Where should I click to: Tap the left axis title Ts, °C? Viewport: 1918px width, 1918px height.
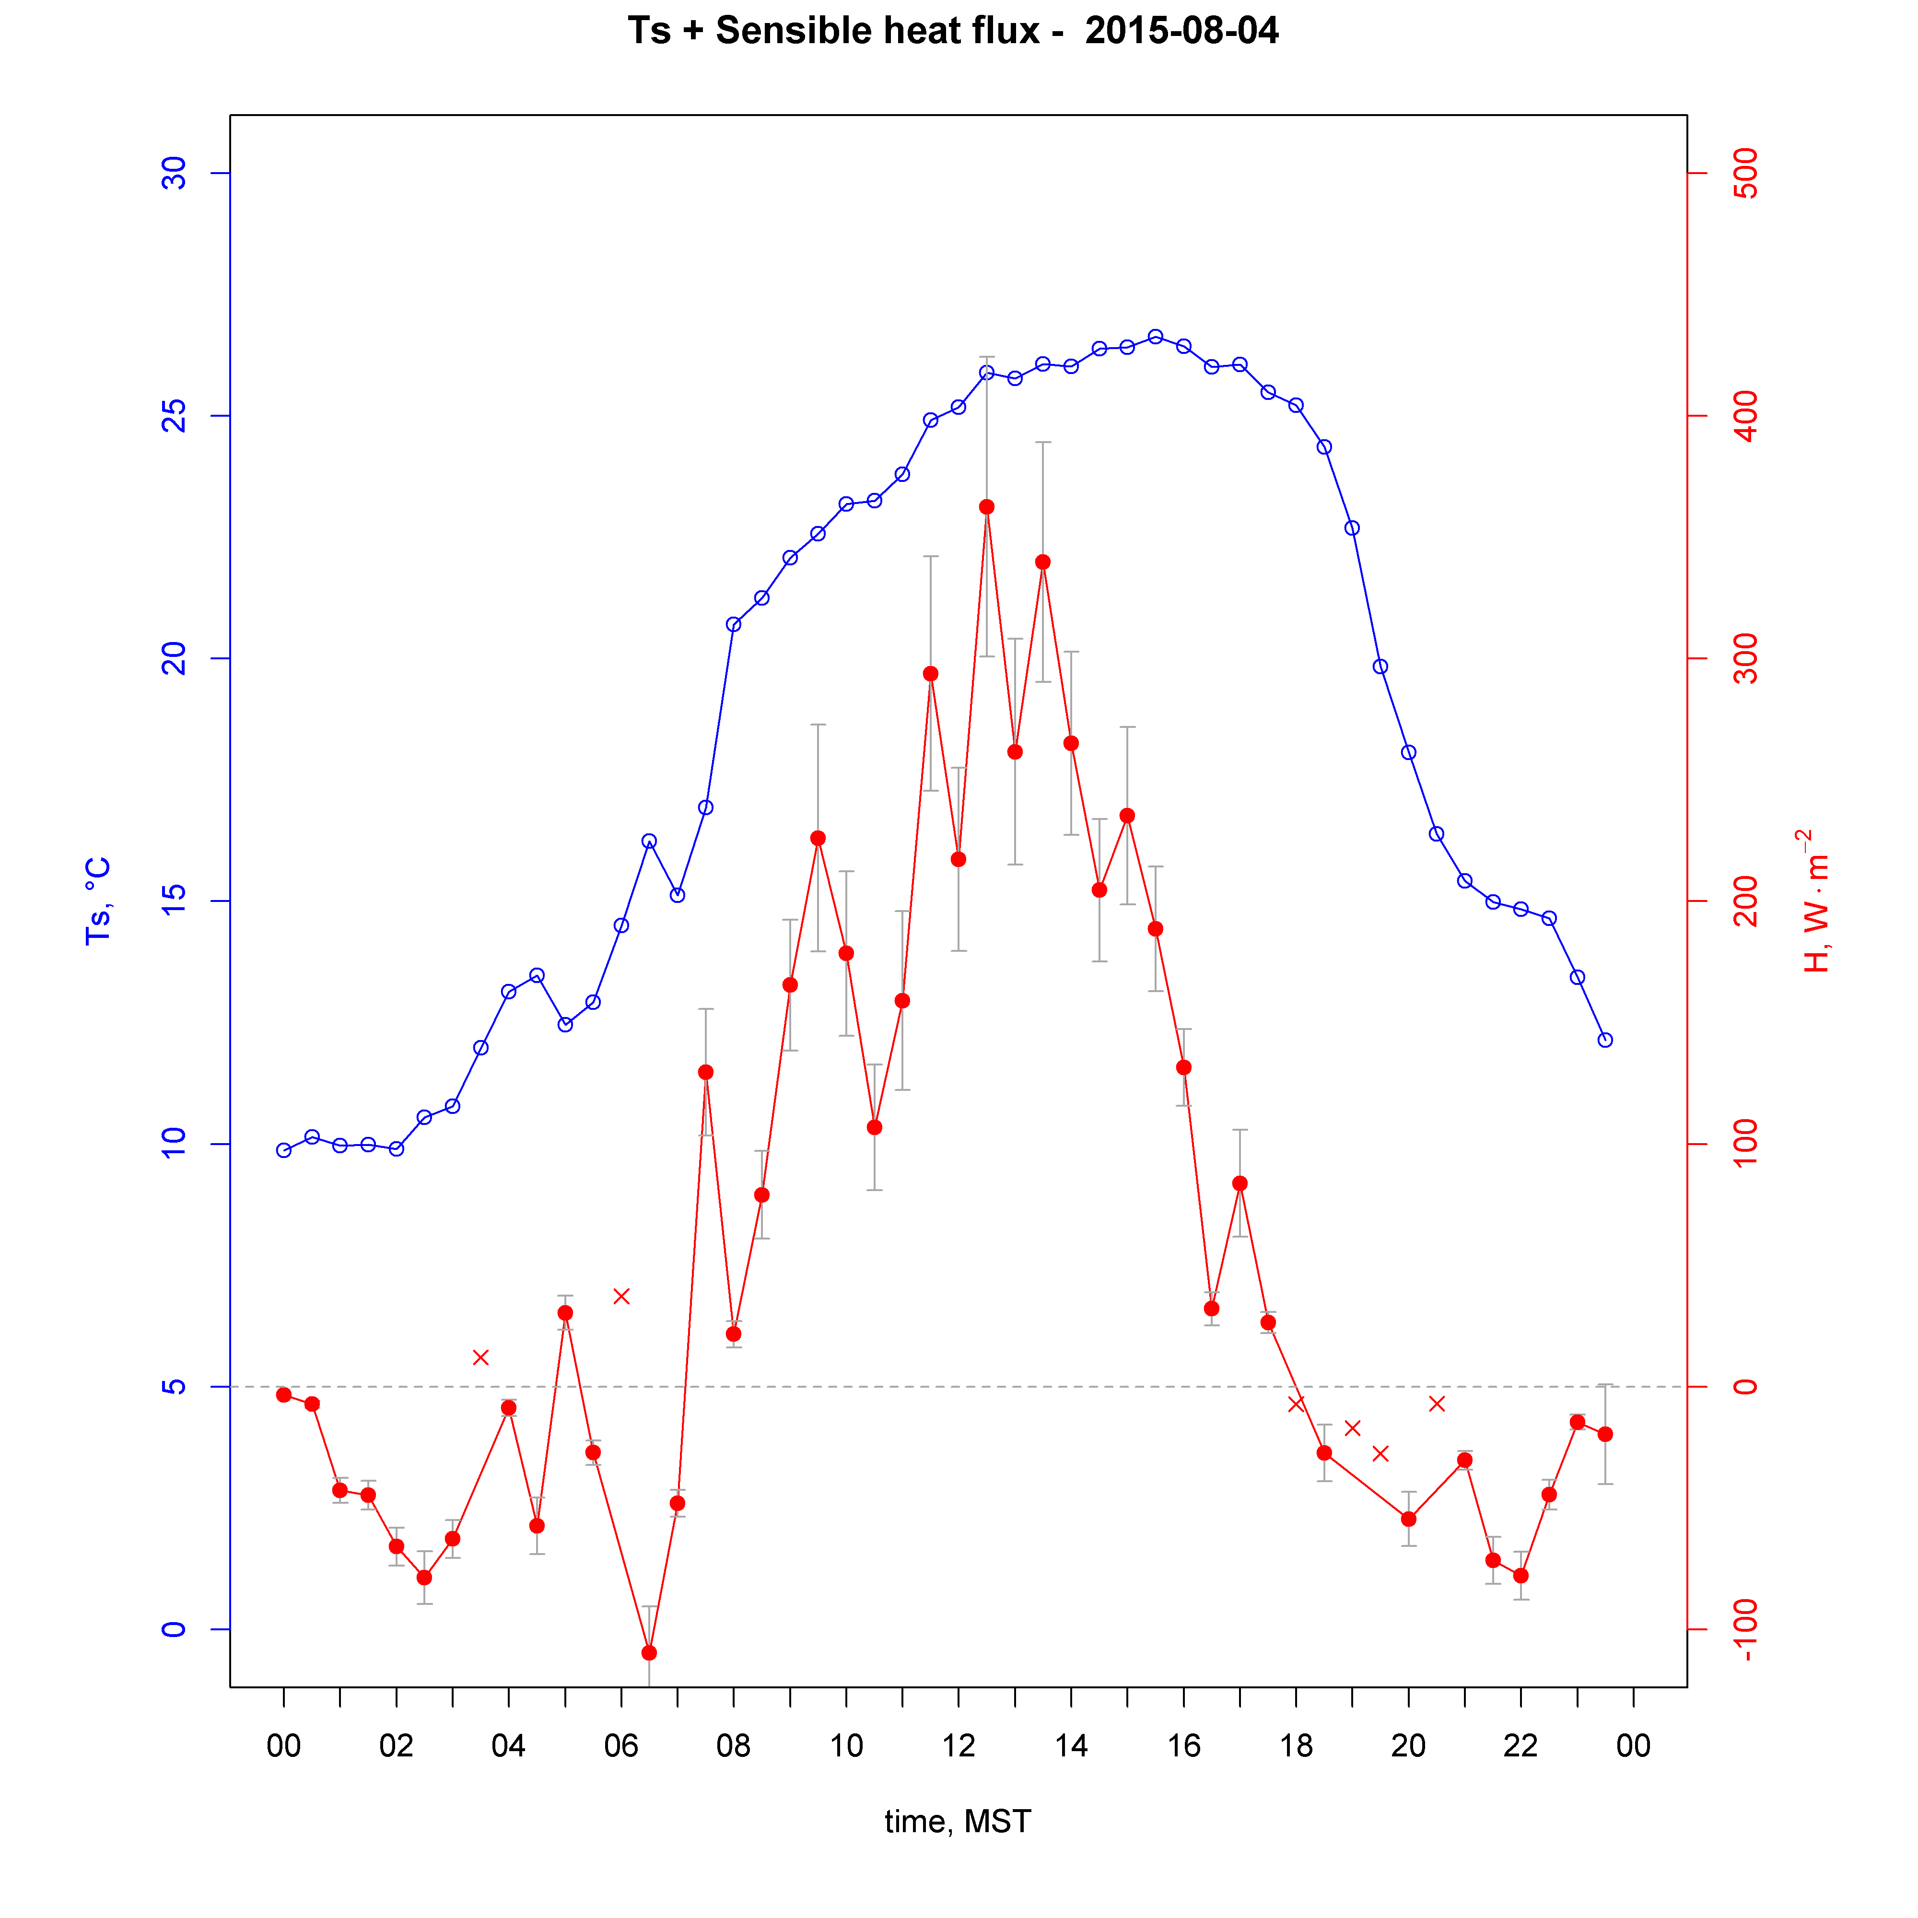click(x=97, y=901)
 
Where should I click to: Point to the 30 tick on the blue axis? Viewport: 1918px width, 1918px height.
click(x=175, y=174)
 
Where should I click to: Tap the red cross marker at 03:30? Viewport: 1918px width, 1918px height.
click(x=480, y=1357)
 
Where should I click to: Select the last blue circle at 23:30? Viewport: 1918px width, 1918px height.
click(x=1605, y=1041)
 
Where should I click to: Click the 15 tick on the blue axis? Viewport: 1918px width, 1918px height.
click(x=175, y=901)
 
